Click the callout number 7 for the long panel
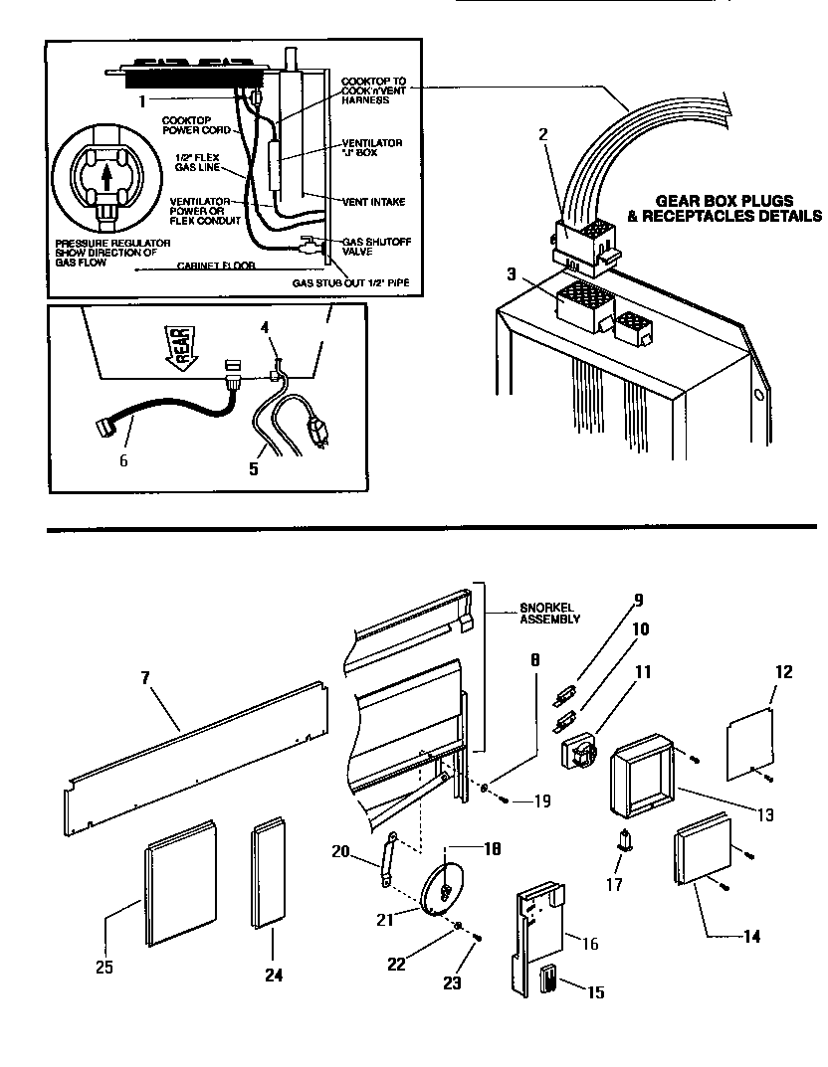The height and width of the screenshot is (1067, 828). click(x=145, y=678)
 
